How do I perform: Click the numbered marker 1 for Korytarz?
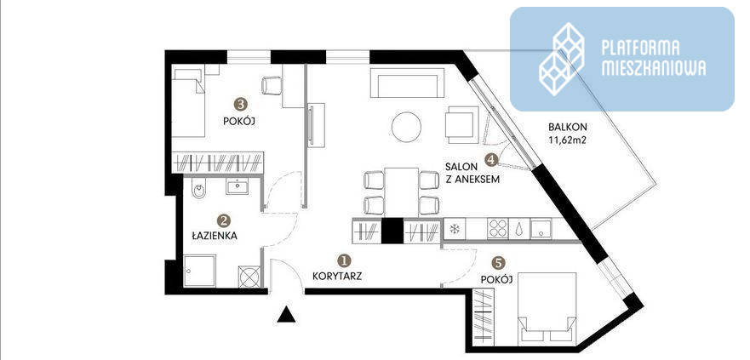[344, 260]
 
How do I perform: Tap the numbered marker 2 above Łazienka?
[223, 220]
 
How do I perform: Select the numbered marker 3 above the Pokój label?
[239, 103]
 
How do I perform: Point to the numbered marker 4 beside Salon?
[490, 160]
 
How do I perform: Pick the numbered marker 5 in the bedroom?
[499, 262]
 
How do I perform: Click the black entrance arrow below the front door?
[286, 314]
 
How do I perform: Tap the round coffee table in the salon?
[407, 127]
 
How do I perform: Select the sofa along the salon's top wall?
[407, 83]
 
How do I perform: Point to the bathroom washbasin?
[238, 186]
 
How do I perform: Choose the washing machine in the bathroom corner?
[249, 277]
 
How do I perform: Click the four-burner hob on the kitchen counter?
[497, 229]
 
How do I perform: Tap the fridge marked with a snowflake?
[455, 229]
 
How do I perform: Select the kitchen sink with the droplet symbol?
[519, 229]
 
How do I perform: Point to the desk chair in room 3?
[272, 86]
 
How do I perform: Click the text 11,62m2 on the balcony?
[568, 140]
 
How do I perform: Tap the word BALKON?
[568, 127]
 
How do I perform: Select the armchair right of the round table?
[462, 125]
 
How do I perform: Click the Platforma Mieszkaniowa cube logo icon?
[562, 59]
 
